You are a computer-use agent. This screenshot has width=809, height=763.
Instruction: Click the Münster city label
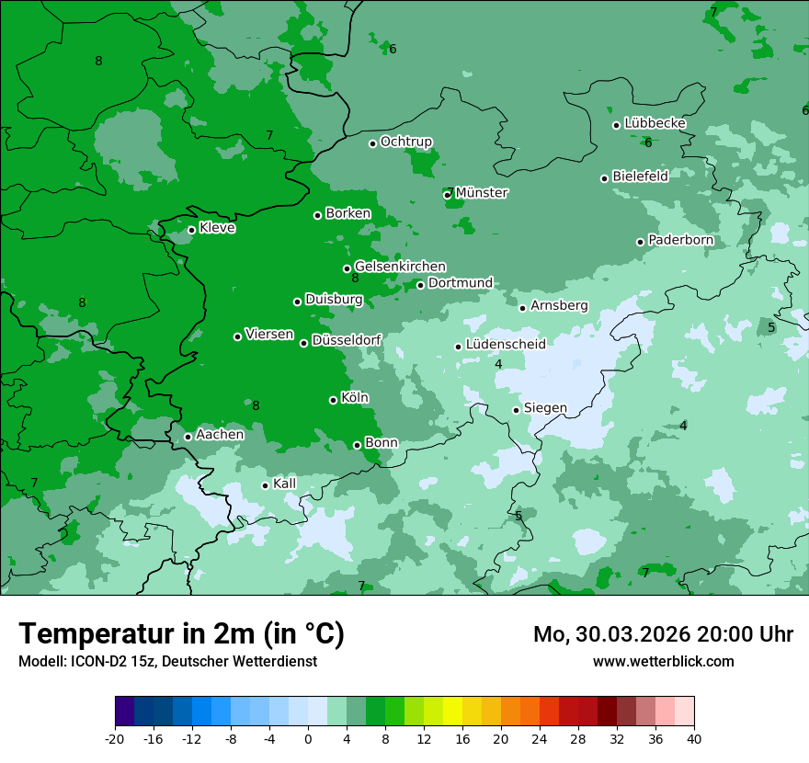(x=481, y=193)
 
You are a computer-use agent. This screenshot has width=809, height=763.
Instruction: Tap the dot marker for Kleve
(x=191, y=230)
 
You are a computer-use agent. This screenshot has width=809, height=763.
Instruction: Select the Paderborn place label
(x=680, y=240)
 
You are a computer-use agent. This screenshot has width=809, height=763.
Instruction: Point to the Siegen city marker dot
(x=517, y=410)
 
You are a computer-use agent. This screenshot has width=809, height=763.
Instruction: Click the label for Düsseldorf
(x=347, y=340)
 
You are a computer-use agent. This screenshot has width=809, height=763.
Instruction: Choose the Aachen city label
(x=220, y=435)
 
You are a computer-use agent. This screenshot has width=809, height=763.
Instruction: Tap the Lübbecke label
(x=655, y=123)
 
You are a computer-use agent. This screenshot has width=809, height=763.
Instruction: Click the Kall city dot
(x=265, y=485)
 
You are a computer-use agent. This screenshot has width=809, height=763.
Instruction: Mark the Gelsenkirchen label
(x=400, y=267)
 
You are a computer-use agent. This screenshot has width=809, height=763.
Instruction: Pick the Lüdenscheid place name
(x=506, y=345)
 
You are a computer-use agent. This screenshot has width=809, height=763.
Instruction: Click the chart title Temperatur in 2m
(x=181, y=634)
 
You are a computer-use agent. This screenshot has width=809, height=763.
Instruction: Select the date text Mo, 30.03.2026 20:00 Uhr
(x=663, y=634)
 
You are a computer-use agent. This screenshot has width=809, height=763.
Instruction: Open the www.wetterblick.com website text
(x=663, y=662)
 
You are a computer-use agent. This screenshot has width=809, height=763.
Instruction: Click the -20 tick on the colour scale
(x=115, y=738)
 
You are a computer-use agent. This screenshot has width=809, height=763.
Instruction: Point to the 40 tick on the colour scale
(x=694, y=738)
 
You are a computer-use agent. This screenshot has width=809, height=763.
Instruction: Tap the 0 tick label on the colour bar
(x=308, y=738)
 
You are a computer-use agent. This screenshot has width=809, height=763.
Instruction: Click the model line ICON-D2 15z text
(x=167, y=662)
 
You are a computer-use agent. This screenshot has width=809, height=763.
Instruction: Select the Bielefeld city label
(x=640, y=176)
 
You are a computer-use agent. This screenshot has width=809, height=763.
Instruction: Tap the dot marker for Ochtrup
(x=372, y=143)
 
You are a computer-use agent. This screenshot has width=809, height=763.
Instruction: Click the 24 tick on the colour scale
(x=540, y=738)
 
